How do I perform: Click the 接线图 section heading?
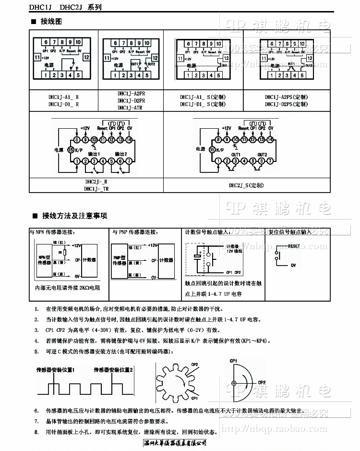click(52, 22)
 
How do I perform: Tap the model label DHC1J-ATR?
click(131, 108)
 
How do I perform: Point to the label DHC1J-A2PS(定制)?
click(286, 97)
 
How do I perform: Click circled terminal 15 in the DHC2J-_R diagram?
click(71, 150)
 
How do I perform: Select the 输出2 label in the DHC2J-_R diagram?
click(118, 153)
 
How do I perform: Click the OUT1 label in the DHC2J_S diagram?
click(236, 154)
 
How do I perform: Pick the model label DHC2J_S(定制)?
click(246, 185)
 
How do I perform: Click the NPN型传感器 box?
click(45, 260)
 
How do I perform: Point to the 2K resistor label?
click(60, 252)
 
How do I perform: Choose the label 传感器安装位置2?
click(114, 369)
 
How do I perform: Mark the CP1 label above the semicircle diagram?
click(234, 360)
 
